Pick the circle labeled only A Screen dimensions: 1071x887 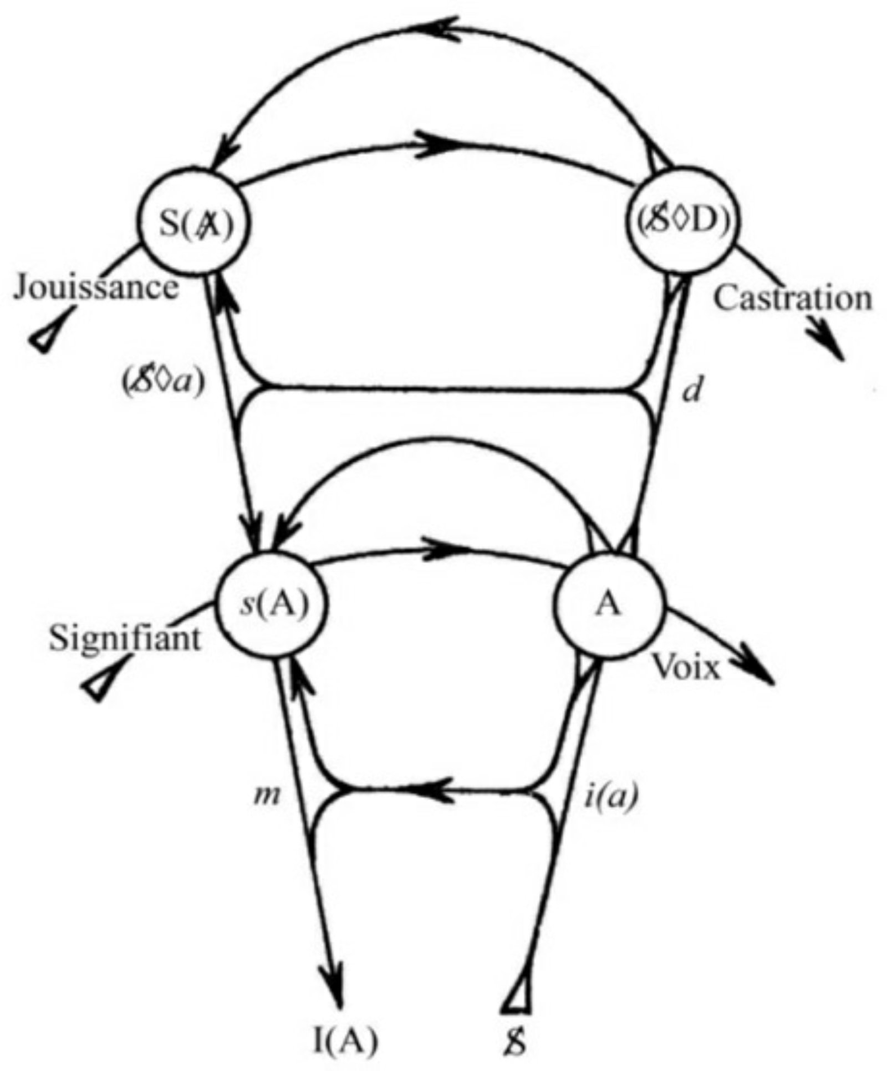point(609,606)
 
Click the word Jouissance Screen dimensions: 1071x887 point(96,289)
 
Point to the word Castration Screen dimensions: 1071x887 point(792,299)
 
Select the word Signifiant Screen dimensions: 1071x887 point(125,638)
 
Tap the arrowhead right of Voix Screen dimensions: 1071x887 point(757,670)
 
